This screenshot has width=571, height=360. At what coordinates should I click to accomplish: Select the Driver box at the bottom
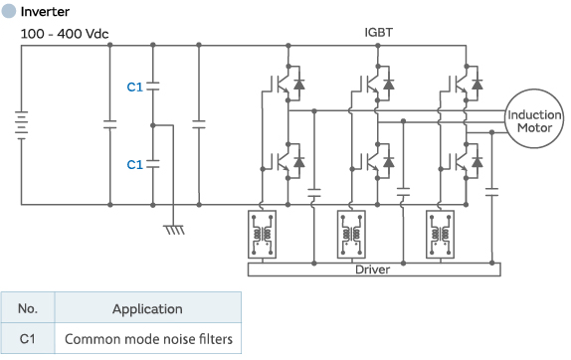pyautogui.click(x=374, y=269)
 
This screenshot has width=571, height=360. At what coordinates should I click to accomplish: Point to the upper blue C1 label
pyautogui.click(x=135, y=88)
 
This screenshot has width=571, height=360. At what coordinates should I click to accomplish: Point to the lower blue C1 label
pyautogui.click(x=135, y=164)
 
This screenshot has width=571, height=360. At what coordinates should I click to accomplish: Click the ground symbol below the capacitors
pyautogui.click(x=175, y=228)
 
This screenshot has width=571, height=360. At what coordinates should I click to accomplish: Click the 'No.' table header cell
pyautogui.click(x=28, y=308)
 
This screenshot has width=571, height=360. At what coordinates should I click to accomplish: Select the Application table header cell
pyautogui.click(x=147, y=308)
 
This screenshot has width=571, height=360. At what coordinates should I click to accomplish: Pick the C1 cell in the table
pyautogui.click(x=28, y=339)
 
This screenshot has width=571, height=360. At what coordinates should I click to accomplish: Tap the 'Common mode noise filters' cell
pyautogui.click(x=147, y=339)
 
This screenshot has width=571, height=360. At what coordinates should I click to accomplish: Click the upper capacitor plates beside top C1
pyautogui.click(x=154, y=88)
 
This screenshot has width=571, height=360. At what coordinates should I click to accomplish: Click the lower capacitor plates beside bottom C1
pyautogui.click(x=154, y=164)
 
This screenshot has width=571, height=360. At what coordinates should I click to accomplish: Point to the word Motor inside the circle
pyautogui.click(x=534, y=129)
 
